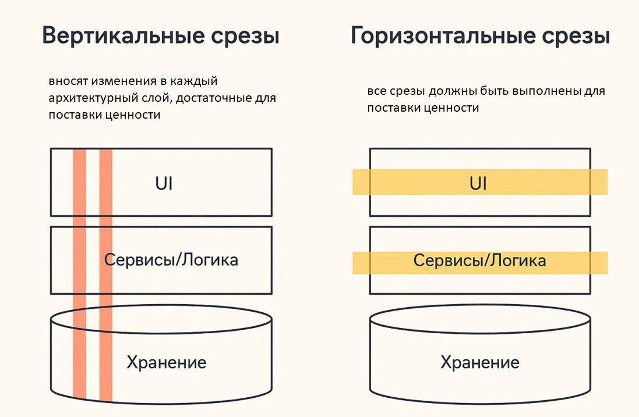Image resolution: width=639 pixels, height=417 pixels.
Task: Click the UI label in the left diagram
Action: (x=164, y=183)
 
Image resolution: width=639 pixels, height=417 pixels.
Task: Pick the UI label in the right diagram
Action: (x=478, y=183)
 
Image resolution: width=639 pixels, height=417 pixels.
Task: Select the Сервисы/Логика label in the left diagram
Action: (x=171, y=259)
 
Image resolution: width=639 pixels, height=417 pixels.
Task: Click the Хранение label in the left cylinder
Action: (x=167, y=363)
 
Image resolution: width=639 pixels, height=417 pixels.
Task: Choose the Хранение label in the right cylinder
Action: (x=479, y=363)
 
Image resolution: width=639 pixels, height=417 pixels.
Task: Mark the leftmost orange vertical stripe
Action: (x=80, y=273)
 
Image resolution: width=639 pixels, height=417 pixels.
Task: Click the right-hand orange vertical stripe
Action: (x=105, y=273)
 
